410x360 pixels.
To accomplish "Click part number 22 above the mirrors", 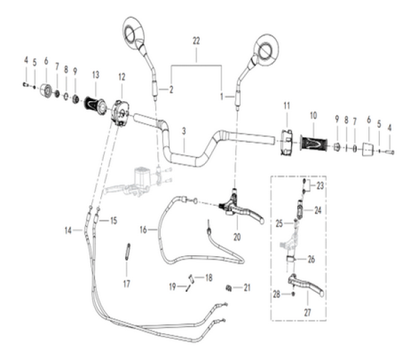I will pos(197,42).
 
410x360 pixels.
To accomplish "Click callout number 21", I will pos(246,288).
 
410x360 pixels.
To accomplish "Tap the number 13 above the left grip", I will pos(96,74).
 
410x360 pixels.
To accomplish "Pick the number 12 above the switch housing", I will pos(122,74).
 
